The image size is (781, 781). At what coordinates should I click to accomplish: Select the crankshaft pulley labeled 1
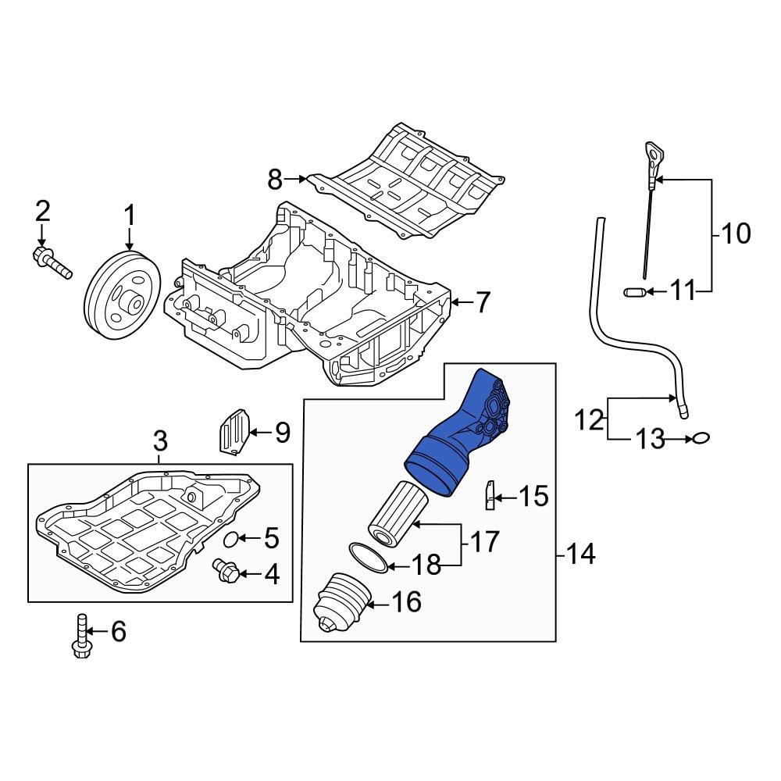(x=122, y=296)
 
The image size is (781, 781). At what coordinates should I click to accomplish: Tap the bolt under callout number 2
(x=52, y=262)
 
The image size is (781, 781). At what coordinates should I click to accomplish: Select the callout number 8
(x=274, y=180)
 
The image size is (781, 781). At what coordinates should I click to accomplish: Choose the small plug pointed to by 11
(x=635, y=293)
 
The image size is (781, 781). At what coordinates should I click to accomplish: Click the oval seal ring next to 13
(x=701, y=440)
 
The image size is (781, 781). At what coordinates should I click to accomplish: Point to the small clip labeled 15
(x=489, y=496)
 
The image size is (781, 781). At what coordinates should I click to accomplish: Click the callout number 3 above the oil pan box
(x=159, y=440)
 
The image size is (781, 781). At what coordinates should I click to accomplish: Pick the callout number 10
(x=733, y=233)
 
